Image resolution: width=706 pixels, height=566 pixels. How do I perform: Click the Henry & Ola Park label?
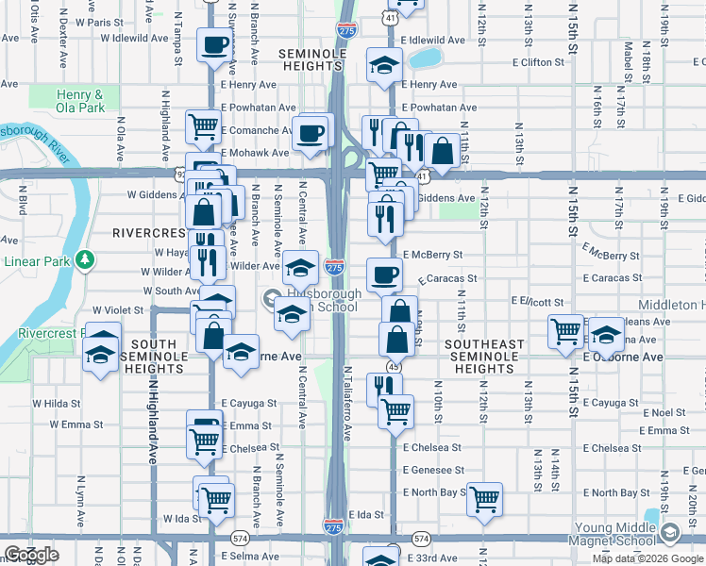[x=80, y=101]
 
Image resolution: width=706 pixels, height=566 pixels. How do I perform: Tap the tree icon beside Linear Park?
[x=85, y=258]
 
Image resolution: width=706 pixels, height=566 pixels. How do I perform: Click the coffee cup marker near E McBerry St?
[x=383, y=275]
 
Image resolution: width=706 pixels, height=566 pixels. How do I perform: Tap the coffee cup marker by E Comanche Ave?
[x=311, y=133]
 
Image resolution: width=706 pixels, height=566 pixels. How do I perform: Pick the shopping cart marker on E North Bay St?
[x=484, y=498]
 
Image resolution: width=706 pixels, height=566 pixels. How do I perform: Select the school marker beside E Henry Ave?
[x=384, y=65]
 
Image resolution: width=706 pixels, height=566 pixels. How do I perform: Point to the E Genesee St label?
[x=433, y=470]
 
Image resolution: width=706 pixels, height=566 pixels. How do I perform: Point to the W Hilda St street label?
[x=58, y=403]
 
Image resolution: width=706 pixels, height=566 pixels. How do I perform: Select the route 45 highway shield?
[x=391, y=366]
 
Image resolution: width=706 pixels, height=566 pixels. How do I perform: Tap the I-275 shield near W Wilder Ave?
[x=333, y=268]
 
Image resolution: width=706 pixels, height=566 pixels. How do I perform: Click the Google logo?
[x=31, y=555]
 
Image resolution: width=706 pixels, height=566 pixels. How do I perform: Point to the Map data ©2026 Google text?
[x=647, y=558]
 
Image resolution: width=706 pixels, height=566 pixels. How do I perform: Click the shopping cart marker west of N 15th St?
[x=564, y=331]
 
